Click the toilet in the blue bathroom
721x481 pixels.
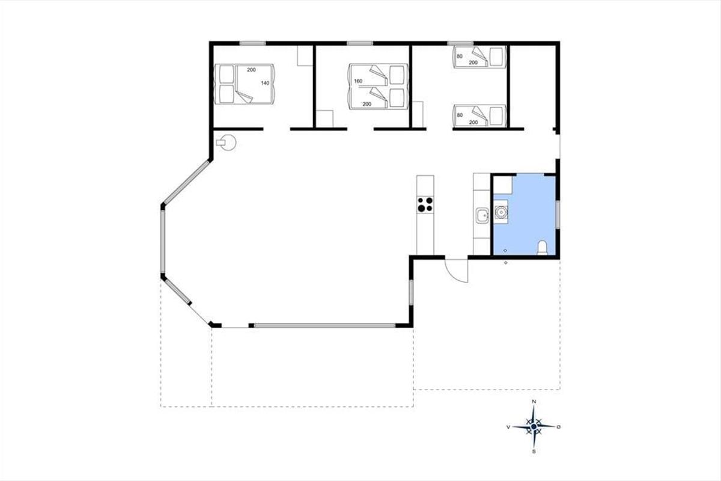[543, 248]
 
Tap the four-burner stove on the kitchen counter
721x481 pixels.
[425, 204]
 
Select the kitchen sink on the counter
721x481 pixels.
[482, 215]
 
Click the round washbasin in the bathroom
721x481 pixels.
[501, 212]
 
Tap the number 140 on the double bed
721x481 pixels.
[265, 83]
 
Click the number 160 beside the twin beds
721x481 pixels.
[358, 81]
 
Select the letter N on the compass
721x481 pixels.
[534, 402]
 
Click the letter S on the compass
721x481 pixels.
[534, 452]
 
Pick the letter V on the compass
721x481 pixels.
[508, 427]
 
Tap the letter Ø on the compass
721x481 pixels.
[559, 427]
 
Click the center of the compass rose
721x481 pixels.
[534, 426]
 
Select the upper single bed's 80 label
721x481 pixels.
[460, 56]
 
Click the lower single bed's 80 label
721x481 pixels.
[460, 115]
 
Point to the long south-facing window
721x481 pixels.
[325, 325]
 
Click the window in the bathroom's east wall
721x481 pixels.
[558, 214]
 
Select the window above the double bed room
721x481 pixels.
[253, 43]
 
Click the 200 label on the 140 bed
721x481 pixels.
[251, 70]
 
